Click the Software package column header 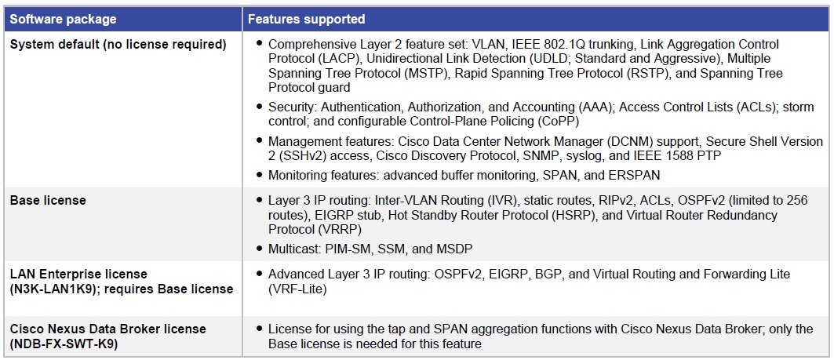pos(64,20)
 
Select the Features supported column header pos(306,20)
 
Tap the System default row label pos(118,45)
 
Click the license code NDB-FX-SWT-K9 pos(64,344)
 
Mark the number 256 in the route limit pos(797,201)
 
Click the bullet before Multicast pos(259,249)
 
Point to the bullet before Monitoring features pos(259,174)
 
